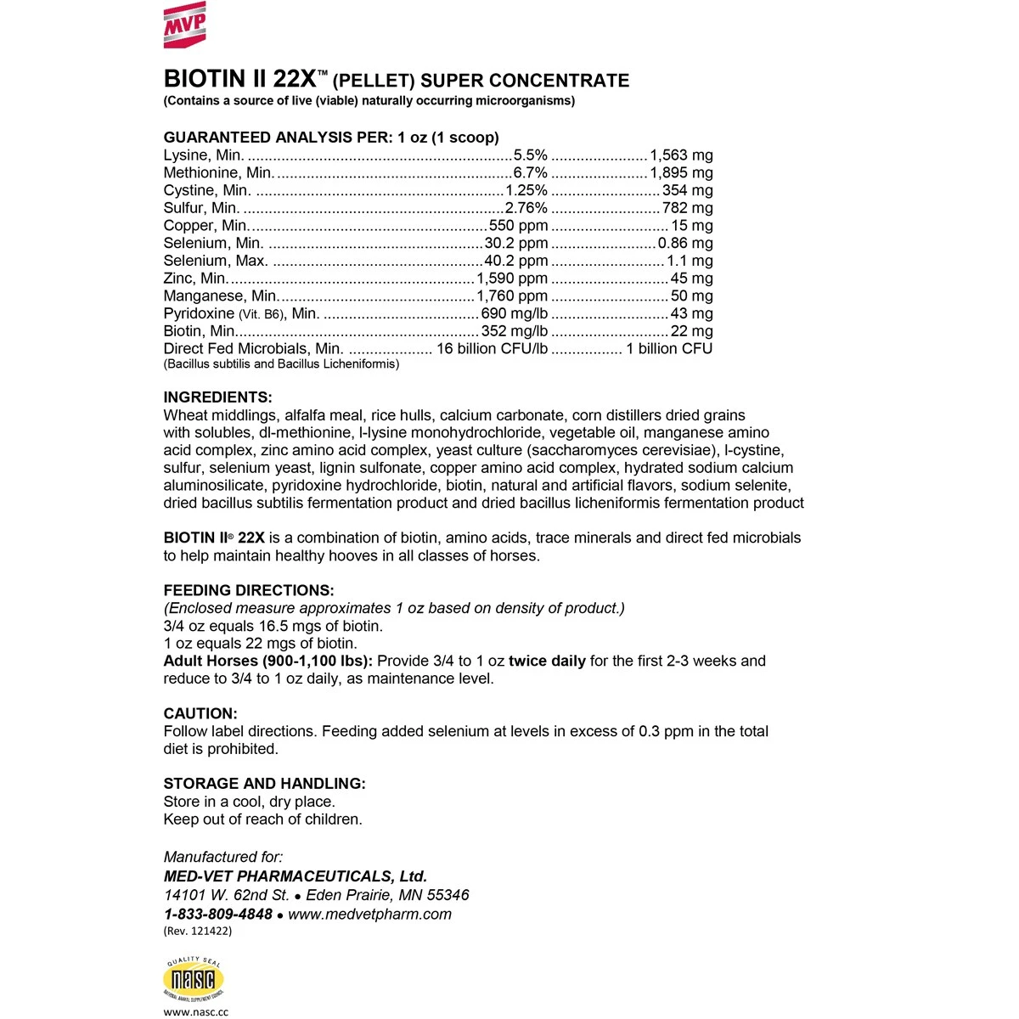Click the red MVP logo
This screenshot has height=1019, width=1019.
184,24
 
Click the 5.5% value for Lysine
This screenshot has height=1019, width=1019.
531,155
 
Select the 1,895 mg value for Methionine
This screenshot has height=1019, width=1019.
681,173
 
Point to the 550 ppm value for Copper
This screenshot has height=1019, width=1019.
518,226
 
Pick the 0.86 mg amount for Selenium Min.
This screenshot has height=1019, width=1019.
685,244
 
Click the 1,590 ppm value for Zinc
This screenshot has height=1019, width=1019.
512,279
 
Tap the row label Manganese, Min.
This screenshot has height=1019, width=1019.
220,296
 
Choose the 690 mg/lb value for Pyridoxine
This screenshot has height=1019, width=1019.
515,314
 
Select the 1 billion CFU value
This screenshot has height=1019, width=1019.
669,349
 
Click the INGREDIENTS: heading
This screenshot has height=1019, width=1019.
217,397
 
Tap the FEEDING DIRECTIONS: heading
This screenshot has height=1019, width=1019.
249,590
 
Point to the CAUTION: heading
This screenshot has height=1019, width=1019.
200,713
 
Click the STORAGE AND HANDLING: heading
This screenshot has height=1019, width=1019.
264,784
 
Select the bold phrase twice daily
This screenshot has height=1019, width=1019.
547,661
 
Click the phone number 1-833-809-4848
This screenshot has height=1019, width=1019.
218,915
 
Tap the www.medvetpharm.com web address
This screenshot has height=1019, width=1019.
369,915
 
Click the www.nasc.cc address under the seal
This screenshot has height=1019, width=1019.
195,1012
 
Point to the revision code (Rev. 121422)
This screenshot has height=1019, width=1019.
197,931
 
